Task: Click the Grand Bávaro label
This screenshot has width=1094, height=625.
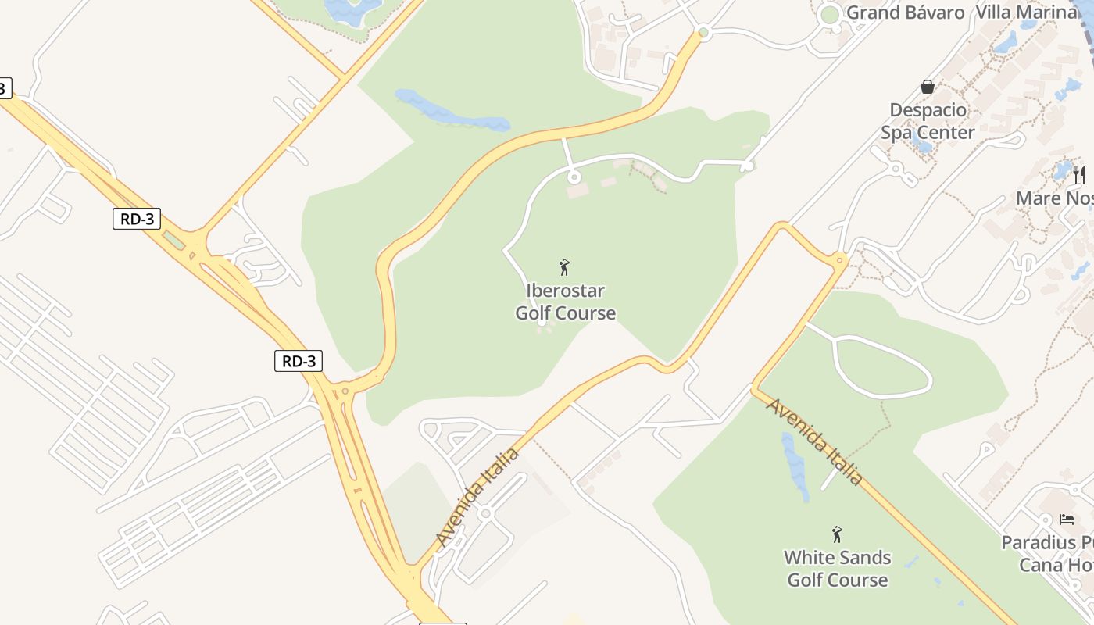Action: pyautogui.click(x=905, y=12)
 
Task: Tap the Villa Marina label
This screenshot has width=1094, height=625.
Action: pyautogui.click(x=1026, y=12)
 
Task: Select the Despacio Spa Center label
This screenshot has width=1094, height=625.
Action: pyautogui.click(x=928, y=121)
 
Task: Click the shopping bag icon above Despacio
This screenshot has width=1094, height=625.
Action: pyautogui.click(x=928, y=86)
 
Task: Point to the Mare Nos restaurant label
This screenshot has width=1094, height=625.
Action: pyautogui.click(x=1054, y=198)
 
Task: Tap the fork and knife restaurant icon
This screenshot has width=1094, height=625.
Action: pyautogui.click(x=1079, y=174)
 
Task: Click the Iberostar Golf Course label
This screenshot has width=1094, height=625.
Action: pyautogui.click(x=565, y=302)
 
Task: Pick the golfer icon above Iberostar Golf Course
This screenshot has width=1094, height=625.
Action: pyautogui.click(x=564, y=267)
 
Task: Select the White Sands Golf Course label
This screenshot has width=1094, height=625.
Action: pyautogui.click(x=837, y=569)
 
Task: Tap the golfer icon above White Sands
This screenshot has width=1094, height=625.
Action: pyautogui.click(x=837, y=534)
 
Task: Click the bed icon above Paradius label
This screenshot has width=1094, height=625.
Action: pyautogui.click(x=1067, y=519)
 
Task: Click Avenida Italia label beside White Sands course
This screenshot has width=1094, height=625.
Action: pyautogui.click(x=815, y=441)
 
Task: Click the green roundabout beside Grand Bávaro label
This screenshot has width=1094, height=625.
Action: pyautogui.click(x=829, y=15)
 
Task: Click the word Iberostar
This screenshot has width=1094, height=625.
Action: pyautogui.click(x=565, y=291)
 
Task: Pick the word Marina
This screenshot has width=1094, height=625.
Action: pyautogui.click(x=1050, y=12)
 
